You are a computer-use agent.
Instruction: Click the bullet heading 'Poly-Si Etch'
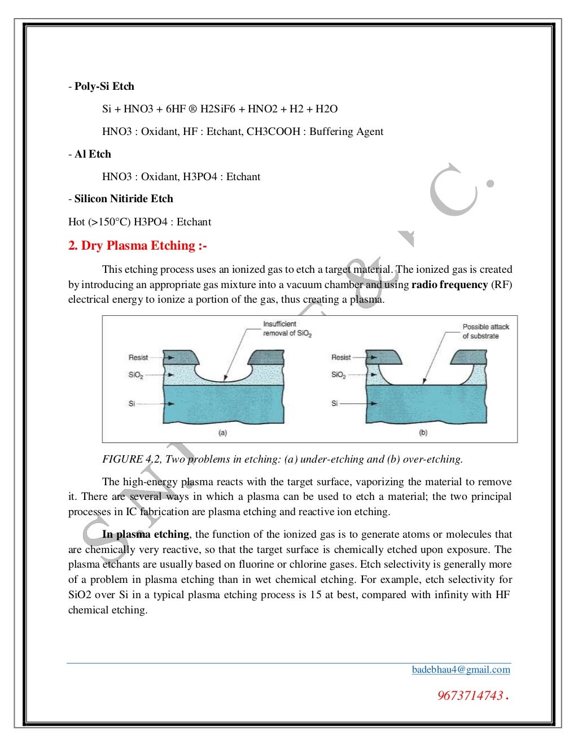(104, 86)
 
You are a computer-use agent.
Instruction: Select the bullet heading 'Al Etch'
(93, 154)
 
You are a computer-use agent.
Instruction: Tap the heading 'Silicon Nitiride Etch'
(124, 199)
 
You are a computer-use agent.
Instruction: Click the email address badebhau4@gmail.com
(461, 669)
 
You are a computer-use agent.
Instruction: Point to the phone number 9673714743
(470, 696)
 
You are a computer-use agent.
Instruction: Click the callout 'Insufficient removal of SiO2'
(287, 329)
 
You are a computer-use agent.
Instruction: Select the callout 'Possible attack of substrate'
(485, 331)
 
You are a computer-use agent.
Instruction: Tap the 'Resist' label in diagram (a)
(138, 358)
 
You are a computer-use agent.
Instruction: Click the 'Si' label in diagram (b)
(334, 404)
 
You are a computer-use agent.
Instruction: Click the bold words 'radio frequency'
(449, 285)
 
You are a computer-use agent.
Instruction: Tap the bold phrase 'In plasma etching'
(145, 534)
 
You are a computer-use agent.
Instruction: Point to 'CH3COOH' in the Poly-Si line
(273, 132)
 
